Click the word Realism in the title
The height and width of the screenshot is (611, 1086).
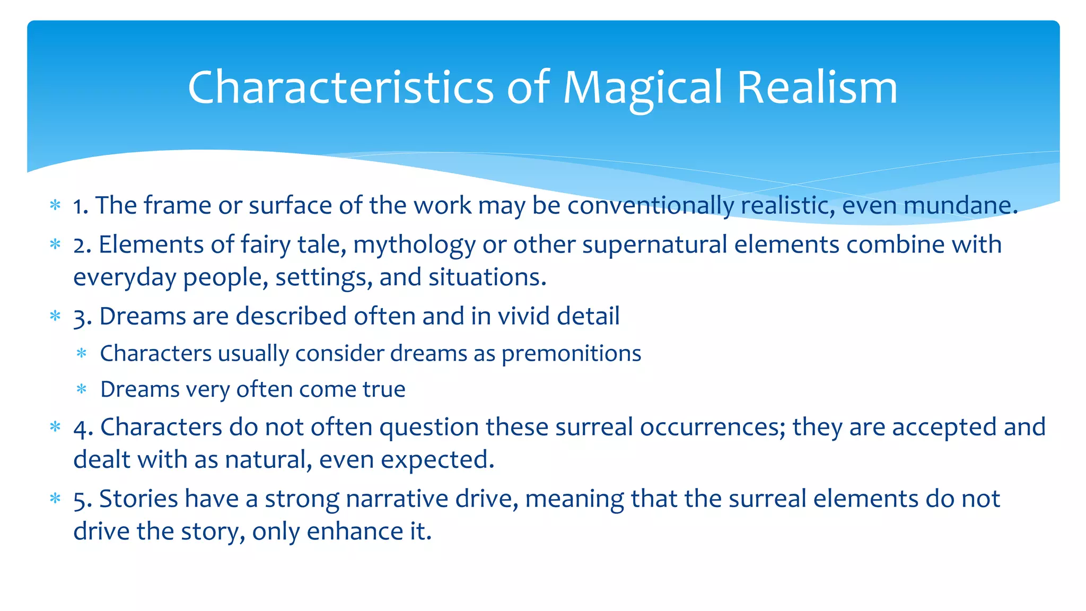[817, 88]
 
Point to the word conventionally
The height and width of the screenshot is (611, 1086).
[650, 206]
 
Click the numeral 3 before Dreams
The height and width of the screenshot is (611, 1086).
[80, 317]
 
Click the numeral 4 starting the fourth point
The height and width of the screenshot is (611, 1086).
[81, 427]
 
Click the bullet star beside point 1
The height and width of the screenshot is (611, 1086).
[55, 205]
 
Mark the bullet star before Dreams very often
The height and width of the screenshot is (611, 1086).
[82, 390]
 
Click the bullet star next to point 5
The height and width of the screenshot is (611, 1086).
[55, 499]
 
